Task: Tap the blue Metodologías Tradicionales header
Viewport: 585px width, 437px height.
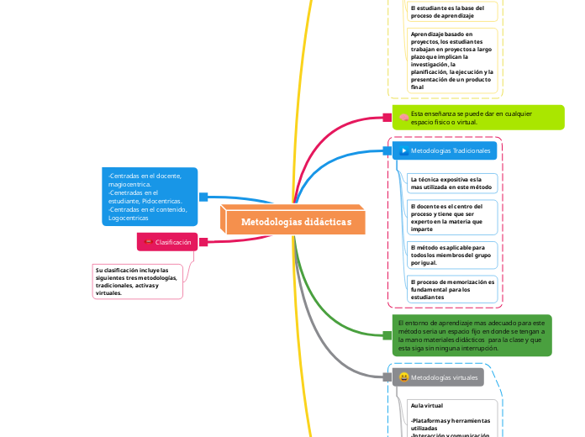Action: point(445,150)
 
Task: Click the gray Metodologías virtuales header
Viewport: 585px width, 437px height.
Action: point(438,377)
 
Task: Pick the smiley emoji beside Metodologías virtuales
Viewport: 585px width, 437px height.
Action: point(404,377)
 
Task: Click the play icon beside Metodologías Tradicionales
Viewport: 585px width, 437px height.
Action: point(403,150)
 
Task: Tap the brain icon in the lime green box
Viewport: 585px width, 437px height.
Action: point(403,118)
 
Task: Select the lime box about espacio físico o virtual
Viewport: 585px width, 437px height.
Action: point(478,118)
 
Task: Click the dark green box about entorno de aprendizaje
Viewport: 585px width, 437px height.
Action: point(473,334)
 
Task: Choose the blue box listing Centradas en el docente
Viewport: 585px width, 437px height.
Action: point(151,197)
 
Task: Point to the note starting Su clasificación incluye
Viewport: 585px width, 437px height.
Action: point(138,282)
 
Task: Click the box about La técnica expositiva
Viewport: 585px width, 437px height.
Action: point(451,183)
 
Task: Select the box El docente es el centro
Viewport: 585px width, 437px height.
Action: point(451,217)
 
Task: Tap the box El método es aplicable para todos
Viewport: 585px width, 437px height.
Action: point(451,255)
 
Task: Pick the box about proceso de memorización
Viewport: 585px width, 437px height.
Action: point(451,289)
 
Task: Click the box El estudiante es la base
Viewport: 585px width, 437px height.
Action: point(451,12)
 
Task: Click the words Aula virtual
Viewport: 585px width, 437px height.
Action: point(427,405)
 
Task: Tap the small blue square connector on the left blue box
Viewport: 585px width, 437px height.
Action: point(203,197)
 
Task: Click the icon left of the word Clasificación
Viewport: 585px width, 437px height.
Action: point(149,242)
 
